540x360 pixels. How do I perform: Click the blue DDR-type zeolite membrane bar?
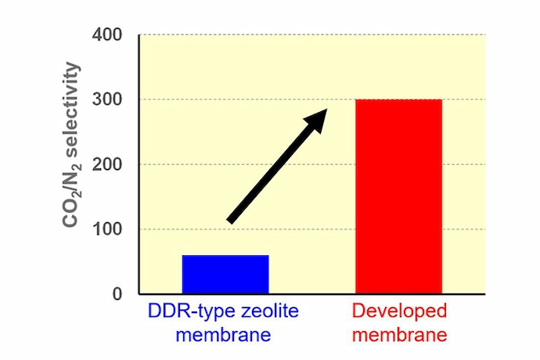(225, 274)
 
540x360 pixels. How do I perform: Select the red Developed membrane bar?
(398, 196)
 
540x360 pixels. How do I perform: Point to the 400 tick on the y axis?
(109, 35)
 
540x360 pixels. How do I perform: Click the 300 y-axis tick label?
(109, 100)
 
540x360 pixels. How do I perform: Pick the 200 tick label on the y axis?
(109, 165)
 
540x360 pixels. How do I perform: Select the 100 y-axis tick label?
(109, 230)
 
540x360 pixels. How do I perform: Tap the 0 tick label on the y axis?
(117, 295)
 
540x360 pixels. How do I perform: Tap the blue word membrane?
(223, 336)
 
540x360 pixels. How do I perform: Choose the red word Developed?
(399, 311)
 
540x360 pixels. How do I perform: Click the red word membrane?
(399, 336)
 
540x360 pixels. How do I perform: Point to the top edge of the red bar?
(398, 100)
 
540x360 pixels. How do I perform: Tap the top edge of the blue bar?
(225, 256)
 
